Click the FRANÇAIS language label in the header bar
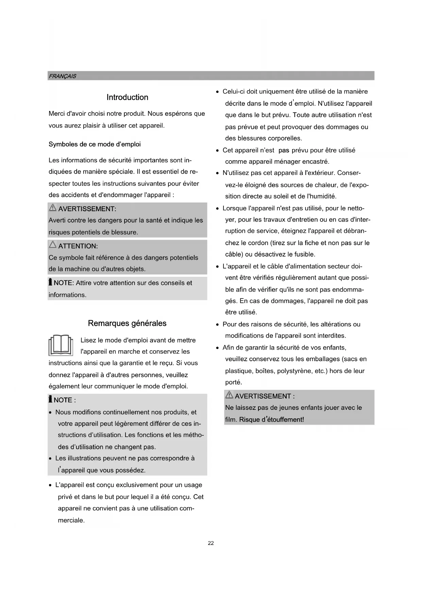pyautogui.click(x=62, y=76)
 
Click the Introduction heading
pyautogui.click(x=127, y=97)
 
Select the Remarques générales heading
pyautogui.click(x=127, y=323)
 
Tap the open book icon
pyautogui.click(x=61, y=345)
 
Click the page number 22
pyautogui.click(x=211, y=543)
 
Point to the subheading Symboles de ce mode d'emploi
pyautogui.click(x=95, y=144)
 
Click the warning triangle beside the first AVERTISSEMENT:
pyautogui.click(x=53, y=208)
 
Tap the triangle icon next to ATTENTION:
pyautogui.click(x=53, y=245)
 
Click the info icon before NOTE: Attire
pyautogui.click(x=50, y=283)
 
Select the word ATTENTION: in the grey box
pyautogui.click(x=78, y=246)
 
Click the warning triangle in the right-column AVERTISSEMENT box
pyautogui.click(x=229, y=395)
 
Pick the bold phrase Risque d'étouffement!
pyautogui.click(x=271, y=419)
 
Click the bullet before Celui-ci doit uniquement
pyautogui.click(x=218, y=92)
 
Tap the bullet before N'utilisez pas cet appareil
pyautogui.click(x=218, y=174)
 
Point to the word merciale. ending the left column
pyautogui.click(x=71, y=520)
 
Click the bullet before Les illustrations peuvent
pyautogui.click(x=50, y=459)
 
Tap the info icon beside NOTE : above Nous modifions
pyautogui.click(x=50, y=400)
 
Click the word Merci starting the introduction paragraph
pyautogui.click(x=56, y=114)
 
